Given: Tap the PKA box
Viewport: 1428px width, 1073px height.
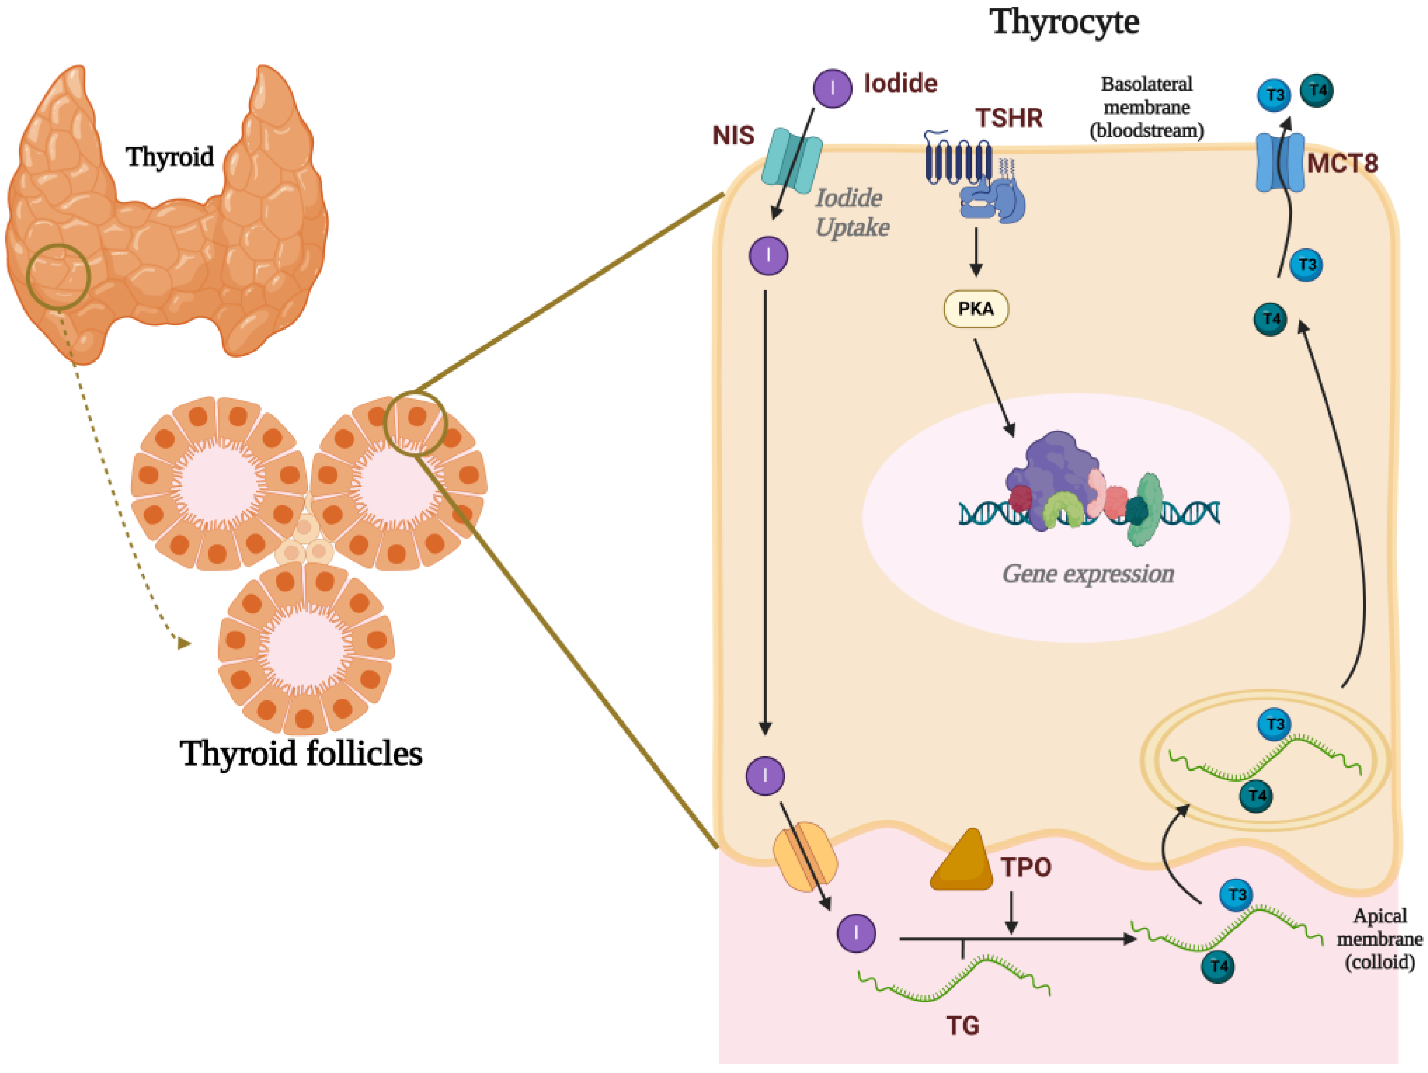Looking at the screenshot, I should click(976, 309).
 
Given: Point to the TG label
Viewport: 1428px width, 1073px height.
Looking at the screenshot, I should click(962, 1025).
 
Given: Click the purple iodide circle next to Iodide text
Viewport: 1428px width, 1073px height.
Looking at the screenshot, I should click(832, 88).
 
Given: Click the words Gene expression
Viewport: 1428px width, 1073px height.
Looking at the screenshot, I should click(1088, 573).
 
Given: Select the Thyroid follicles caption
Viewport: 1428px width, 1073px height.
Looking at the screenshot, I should click(301, 753).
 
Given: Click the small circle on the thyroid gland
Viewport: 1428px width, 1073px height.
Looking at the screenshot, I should click(58, 276).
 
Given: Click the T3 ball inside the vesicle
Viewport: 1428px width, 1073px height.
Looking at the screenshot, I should click(1274, 724).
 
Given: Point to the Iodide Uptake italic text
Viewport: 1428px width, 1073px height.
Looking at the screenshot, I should click(852, 212).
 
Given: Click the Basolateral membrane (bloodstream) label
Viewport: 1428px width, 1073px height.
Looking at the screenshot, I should click(1147, 107).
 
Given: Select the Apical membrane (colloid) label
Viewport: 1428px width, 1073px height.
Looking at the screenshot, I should click(1379, 939).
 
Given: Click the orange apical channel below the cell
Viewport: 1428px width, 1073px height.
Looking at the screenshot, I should click(805, 857).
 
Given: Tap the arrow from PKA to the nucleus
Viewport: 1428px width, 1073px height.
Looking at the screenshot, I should click(994, 388).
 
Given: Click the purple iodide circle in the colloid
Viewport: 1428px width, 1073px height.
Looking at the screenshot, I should click(856, 933).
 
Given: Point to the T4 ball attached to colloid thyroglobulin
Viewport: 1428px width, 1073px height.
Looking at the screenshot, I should click(1218, 966).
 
